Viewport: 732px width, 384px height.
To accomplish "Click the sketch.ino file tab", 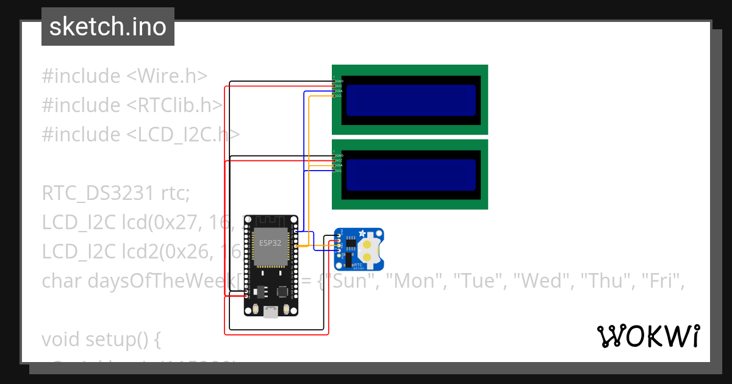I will pyautogui.click(x=108, y=27).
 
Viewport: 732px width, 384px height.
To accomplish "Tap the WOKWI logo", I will pyautogui.click(x=648, y=336).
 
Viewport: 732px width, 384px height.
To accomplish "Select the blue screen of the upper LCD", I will pyautogui.click(x=411, y=100).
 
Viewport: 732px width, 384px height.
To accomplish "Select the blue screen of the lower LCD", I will pyautogui.click(x=411, y=175).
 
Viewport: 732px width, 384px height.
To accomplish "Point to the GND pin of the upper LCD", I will pyautogui.click(x=335, y=81).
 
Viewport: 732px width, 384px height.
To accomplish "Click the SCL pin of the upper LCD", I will pyautogui.click(x=335, y=96).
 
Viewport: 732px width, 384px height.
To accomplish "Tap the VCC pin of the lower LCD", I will pyautogui.click(x=335, y=160).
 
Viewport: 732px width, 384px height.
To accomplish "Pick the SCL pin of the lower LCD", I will pyautogui.click(x=335, y=171).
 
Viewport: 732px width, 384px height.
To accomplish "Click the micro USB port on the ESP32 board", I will pyautogui.click(x=271, y=312).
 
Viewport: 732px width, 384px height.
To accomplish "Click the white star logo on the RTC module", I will pyautogui.click(x=362, y=233).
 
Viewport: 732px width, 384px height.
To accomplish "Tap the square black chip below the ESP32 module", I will pyautogui.click(x=283, y=292).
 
